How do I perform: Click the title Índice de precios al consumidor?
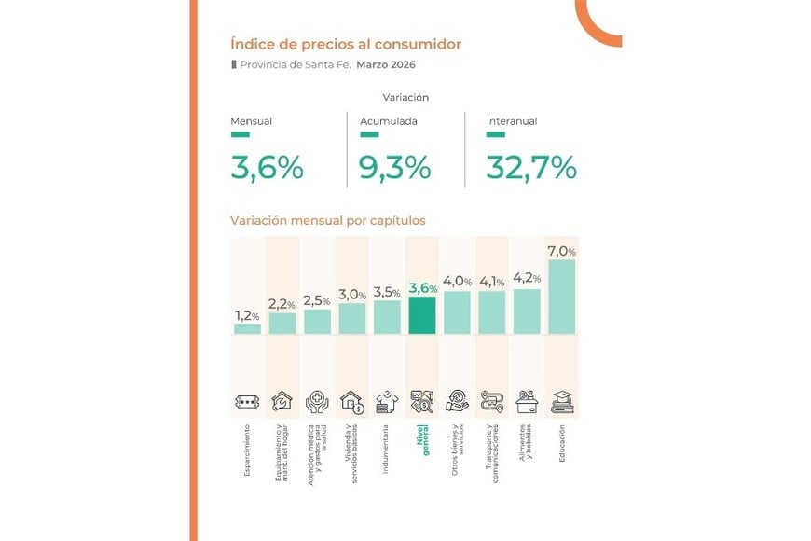pyautogui.click(x=345, y=44)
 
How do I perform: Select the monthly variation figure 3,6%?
pyautogui.click(x=267, y=168)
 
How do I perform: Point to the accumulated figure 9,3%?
pyautogui.click(x=394, y=168)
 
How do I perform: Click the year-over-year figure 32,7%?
pyautogui.click(x=531, y=168)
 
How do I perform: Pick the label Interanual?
pyautogui.click(x=512, y=121)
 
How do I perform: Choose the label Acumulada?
pyautogui.click(x=388, y=121)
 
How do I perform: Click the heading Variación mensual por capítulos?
pyautogui.click(x=327, y=221)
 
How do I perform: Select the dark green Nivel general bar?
pyautogui.click(x=422, y=315)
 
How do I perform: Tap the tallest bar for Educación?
pyautogui.click(x=562, y=297)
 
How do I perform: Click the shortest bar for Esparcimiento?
pyautogui.click(x=247, y=328)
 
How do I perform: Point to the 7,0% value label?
pyautogui.click(x=562, y=251)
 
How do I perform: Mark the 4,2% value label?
pyautogui.click(x=527, y=277)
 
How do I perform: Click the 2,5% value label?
pyautogui.click(x=317, y=299)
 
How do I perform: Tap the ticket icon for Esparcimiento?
pyautogui.click(x=247, y=403)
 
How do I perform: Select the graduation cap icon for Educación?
pyautogui.click(x=562, y=402)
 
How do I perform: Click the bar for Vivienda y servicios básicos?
pyautogui.click(x=352, y=319)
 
